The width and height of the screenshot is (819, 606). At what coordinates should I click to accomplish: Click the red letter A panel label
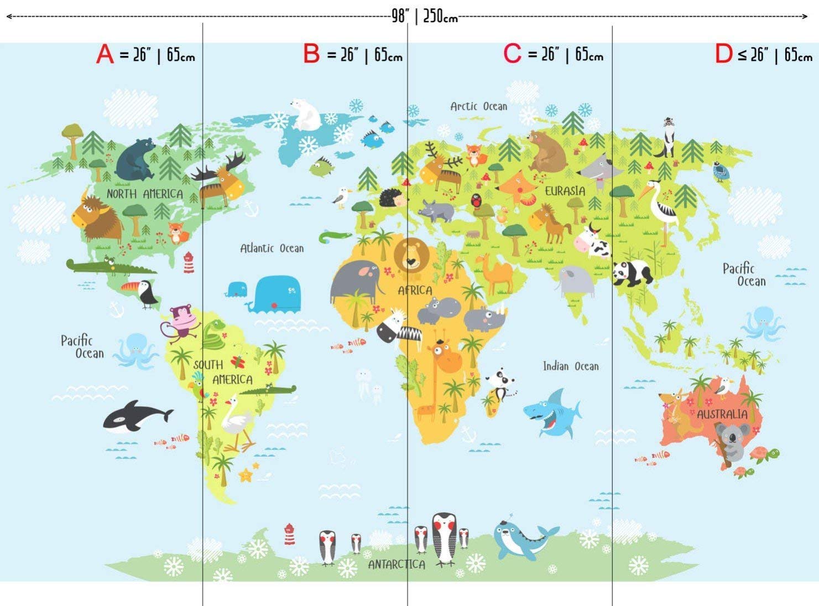(x=105, y=54)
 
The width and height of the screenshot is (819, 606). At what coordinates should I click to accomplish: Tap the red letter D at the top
(x=723, y=54)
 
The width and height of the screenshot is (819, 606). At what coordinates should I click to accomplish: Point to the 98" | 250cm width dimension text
(x=425, y=16)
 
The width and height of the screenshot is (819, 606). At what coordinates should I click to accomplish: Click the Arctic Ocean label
(x=478, y=106)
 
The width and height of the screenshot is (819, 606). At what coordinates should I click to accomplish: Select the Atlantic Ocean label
(x=272, y=248)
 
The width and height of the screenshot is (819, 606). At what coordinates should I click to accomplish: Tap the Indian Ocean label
(x=571, y=366)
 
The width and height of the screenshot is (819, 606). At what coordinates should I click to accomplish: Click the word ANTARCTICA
(x=397, y=564)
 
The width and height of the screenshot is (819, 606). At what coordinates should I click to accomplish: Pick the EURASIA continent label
(x=565, y=191)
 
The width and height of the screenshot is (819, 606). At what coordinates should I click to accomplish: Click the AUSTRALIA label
(x=722, y=415)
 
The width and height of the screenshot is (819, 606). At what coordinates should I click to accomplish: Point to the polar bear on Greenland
(x=305, y=114)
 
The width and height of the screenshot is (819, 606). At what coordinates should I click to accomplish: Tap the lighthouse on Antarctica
(x=289, y=534)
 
